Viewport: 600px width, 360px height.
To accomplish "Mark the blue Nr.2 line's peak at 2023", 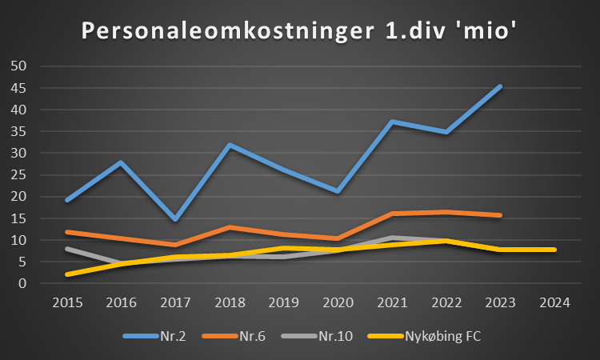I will pyautogui.click(x=500, y=86).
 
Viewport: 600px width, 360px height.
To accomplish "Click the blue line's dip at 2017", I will pyautogui.click(x=175, y=218).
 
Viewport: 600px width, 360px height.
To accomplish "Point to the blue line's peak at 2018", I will pyautogui.click(x=230, y=145).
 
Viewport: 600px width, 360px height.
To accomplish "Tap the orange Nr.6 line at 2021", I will pyautogui.click(x=392, y=214).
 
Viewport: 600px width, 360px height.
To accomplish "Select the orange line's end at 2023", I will pyautogui.click(x=500, y=215).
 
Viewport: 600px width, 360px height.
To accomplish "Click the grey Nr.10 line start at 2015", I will pyautogui.click(x=67, y=249).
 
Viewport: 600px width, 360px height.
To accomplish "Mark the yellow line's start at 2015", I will pyautogui.click(x=67, y=274).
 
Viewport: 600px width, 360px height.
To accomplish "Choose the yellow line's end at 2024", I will pyautogui.click(x=554, y=250).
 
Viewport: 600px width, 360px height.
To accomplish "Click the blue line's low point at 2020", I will pyautogui.click(x=338, y=191).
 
